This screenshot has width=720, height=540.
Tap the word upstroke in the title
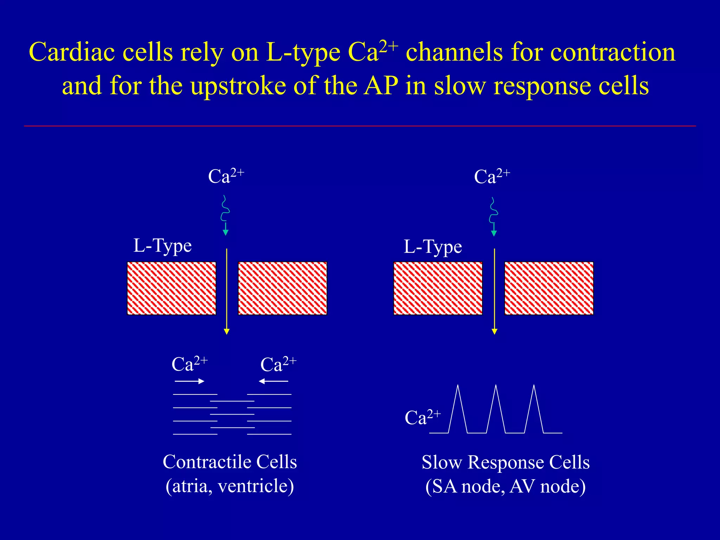coord(239,86)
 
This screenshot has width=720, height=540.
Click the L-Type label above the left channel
coord(162,246)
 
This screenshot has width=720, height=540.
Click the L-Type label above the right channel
coord(432,247)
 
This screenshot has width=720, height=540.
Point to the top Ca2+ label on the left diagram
coord(226,176)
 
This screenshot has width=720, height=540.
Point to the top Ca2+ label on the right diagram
coord(491,176)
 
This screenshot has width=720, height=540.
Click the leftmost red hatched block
coord(171,288)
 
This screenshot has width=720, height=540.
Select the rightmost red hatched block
coord(549,288)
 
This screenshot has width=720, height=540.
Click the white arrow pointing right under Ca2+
coord(189,381)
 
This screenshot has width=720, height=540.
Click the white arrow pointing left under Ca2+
coord(273,381)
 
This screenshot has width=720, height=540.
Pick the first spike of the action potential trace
coord(458,408)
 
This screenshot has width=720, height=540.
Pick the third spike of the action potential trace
coord(534,408)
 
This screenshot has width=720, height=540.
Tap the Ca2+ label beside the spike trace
coord(422,417)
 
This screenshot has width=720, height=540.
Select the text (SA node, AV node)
coord(505,487)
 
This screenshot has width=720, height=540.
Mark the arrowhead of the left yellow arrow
coord(227,332)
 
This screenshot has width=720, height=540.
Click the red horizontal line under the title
coord(360,126)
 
